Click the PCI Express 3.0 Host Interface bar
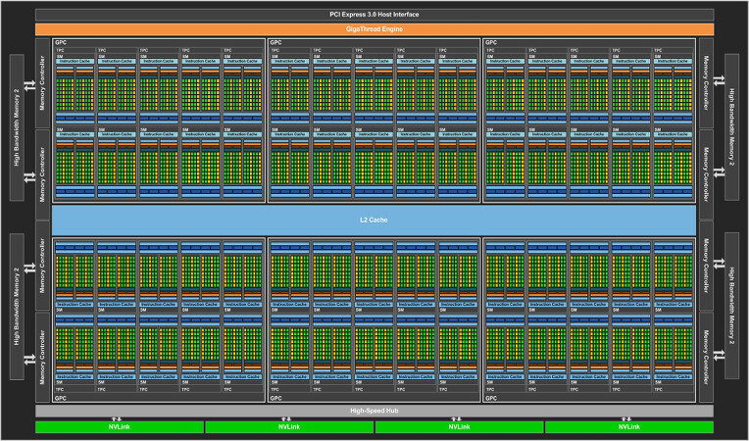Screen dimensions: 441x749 pos(374,15)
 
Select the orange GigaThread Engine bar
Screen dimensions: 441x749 pos(374,29)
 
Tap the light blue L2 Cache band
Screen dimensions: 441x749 pos(374,220)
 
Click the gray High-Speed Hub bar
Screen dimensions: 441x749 pos(374,410)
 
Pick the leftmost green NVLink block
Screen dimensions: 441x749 pos(119,427)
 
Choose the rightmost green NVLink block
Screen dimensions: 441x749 pos(629,427)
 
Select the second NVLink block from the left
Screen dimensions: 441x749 pos(289,427)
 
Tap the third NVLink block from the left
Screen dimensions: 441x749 pos(459,427)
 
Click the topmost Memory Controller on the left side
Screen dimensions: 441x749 pos(42,83)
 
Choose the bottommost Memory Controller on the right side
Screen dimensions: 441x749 pos(705,358)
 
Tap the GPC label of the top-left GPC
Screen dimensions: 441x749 pos(61,42)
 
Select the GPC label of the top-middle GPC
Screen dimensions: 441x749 pos(276,42)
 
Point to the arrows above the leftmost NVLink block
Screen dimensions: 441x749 pos(119,418)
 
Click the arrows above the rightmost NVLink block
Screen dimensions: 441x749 pos(629,418)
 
